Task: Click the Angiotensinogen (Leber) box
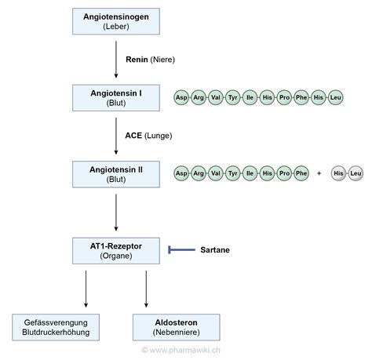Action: pos(115,21)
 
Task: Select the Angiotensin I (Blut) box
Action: pos(115,97)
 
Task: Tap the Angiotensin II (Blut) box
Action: pos(115,173)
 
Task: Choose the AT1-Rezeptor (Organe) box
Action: pos(115,249)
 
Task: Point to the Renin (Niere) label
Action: pos(149,59)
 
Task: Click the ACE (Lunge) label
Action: pos(148,135)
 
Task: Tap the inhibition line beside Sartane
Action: pos(183,249)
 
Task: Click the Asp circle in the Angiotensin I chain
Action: pos(181,97)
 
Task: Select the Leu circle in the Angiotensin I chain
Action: pos(337,97)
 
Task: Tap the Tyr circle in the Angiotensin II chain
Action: pos(232,173)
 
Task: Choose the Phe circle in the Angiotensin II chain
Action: pos(302,173)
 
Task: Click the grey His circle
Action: pos(339,173)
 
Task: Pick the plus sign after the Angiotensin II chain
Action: pos(319,173)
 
